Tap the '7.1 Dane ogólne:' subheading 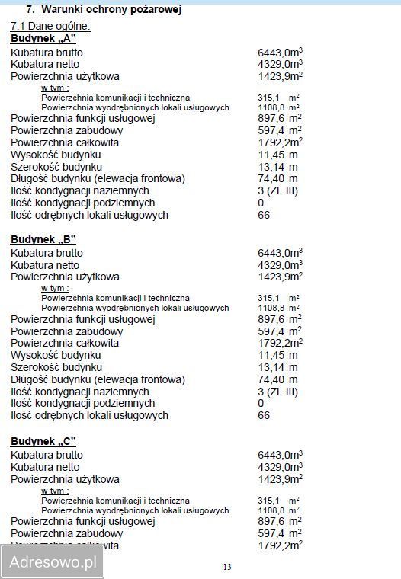[x=50, y=26]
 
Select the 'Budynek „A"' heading [x=43, y=38]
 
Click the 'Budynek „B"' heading [x=43, y=239]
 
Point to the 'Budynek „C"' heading [x=43, y=441]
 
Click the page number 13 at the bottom [x=227, y=567]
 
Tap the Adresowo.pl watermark [x=53, y=563]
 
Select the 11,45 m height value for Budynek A [x=277, y=155]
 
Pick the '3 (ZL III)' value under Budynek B [x=277, y=392]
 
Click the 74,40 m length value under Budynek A [x=277, y=179]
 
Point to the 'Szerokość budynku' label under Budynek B [x=56, y=367]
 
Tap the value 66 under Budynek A [x=264, y=216]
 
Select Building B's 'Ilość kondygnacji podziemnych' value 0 [x=261, y=404]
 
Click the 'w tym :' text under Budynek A [x=55, y=88]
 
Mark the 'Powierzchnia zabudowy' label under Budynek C [x=66, y=533]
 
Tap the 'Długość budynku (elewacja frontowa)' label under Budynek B [x=98, y=379]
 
